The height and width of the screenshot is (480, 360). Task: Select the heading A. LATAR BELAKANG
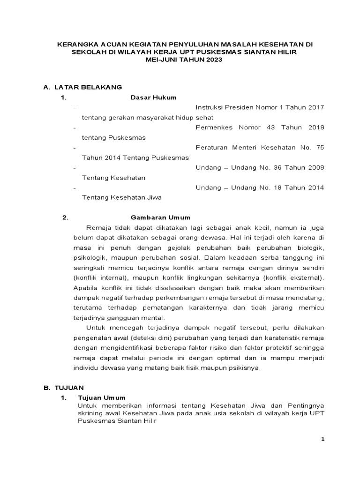[82, 87]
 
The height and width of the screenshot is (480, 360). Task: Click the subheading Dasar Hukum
[153, 97]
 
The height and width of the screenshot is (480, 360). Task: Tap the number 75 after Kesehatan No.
[320, 147]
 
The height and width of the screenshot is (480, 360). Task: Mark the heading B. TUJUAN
[63, 388]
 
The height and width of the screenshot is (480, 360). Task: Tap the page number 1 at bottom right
[322, 439]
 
